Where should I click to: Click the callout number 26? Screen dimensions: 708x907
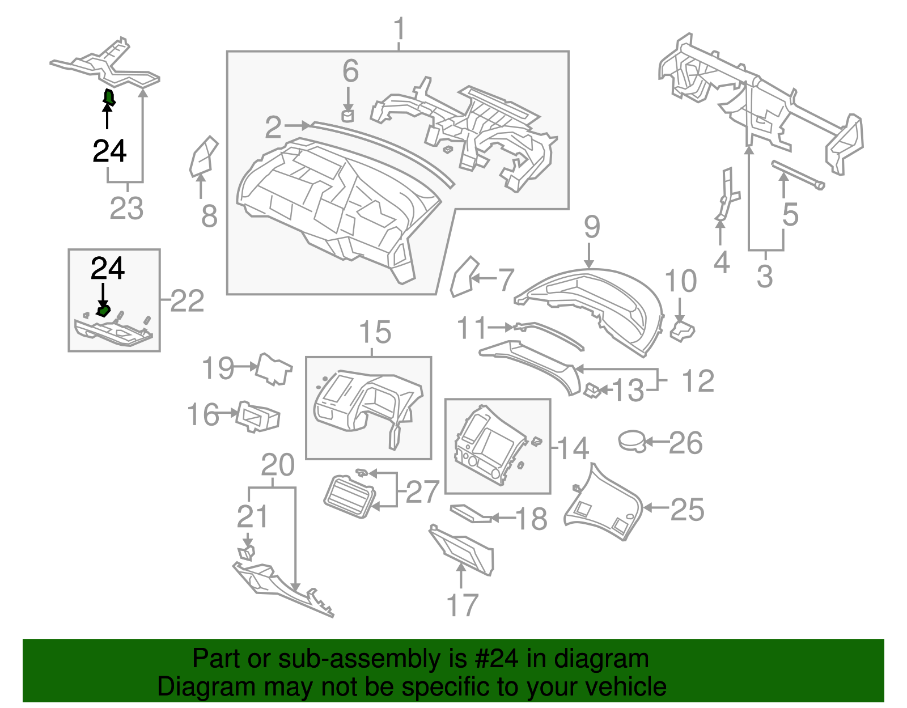(685, 443)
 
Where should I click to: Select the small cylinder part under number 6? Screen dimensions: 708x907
(348, 116)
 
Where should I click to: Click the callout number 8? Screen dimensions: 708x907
(209, 216)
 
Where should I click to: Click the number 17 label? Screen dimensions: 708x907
(462, 605)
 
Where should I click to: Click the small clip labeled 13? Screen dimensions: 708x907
(592, 390)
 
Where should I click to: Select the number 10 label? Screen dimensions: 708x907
(680, 281)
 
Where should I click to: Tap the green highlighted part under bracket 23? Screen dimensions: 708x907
(109, 97)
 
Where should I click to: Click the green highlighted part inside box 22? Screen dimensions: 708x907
(103, 311)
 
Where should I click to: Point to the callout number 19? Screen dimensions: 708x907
(218, 368)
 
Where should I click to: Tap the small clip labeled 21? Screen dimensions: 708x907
(247, 553)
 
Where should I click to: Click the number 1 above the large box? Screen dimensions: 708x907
(399, 28)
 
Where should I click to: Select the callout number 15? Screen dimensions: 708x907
(375, 332)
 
